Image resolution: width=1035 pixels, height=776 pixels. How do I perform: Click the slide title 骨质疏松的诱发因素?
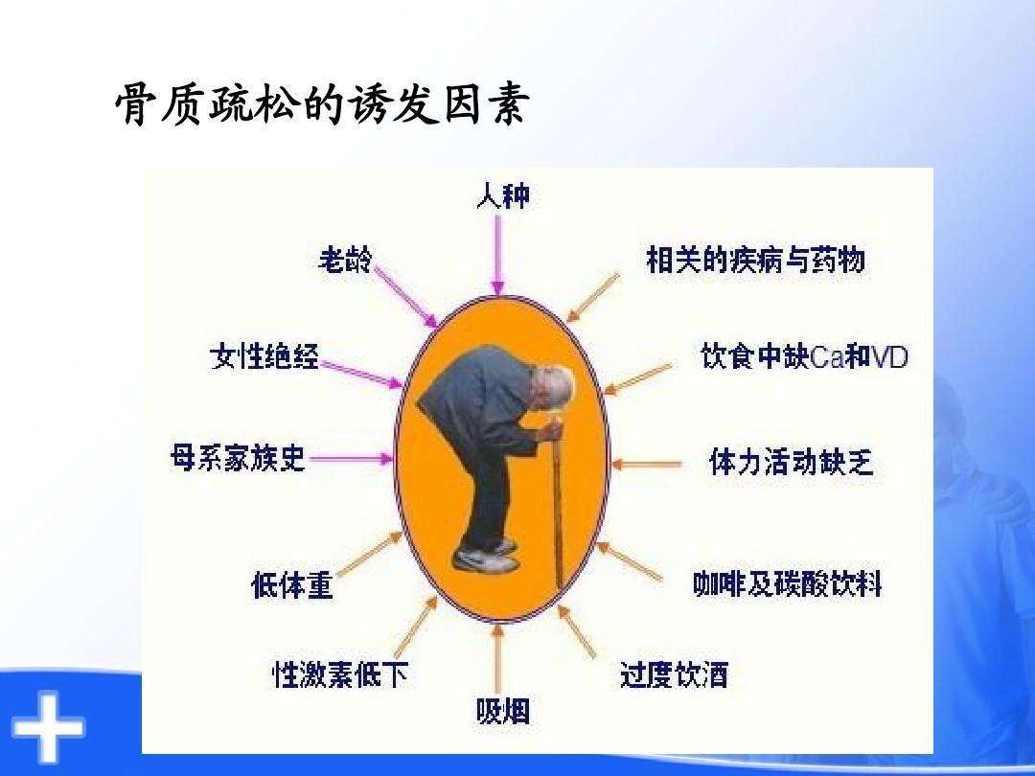click(321, 104)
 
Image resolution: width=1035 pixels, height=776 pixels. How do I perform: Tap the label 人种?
click(503, 196)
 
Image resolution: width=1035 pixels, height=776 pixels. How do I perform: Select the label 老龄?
click(345, 260)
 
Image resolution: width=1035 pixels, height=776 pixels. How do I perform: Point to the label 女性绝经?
click(264, 356)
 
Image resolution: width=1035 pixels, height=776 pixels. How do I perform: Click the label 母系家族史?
click(238, 457)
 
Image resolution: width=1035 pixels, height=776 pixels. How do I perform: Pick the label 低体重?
click(291, 585)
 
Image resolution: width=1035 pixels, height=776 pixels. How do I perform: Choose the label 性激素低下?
click(340, 673)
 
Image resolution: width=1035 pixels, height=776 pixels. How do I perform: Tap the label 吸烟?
click(503, 711)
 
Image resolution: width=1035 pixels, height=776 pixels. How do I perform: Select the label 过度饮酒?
click(674, 675)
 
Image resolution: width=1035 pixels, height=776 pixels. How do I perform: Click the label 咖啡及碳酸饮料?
click(788, 584)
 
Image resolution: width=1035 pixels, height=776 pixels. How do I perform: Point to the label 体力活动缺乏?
click(791, 461)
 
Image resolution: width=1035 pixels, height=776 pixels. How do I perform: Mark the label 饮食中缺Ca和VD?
click(805, 357)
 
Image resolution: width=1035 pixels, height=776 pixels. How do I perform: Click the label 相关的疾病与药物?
click(756, 260)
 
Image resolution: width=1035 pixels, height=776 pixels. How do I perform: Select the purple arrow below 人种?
click(498, 254)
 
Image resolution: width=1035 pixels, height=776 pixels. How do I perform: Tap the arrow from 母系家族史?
click(351, 458)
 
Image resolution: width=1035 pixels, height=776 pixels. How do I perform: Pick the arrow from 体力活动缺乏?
click(646, 464)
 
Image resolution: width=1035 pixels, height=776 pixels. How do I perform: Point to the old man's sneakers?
click(485, 557)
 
